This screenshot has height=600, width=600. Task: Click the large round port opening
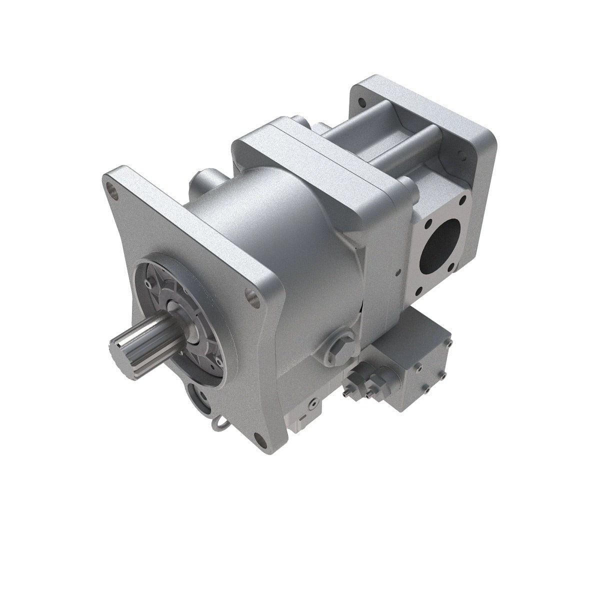click(x=439, y=245)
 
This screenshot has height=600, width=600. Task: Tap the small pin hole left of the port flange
click(x=397, y=273)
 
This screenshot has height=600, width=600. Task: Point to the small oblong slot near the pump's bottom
click(x=303, y=417)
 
